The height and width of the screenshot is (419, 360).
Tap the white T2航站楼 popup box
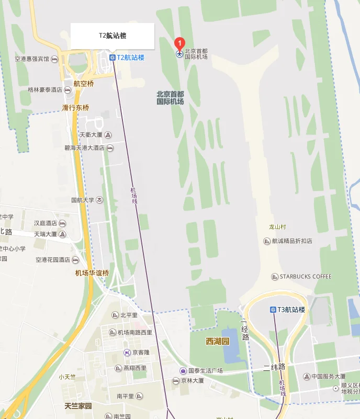(x=113, y=36)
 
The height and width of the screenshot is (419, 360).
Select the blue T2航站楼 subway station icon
(x=112, y=58)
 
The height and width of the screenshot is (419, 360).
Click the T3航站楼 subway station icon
(x=273, y=310)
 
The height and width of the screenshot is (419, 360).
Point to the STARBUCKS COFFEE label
(x=305, y=277)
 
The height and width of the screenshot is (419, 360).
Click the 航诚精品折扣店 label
(x=292, y=241)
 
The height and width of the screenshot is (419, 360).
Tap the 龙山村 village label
(x=278, y=227)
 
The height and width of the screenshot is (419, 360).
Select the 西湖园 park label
(x=217, y=342)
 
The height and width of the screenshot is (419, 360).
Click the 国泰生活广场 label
(x=205, y=371)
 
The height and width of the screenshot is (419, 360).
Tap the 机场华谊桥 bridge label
(x=92, y=273)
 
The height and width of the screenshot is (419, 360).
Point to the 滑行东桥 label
(x=76, y=108)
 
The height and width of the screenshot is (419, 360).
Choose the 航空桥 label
(x=84, y=84)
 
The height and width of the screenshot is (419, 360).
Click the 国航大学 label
(x=82, y=200)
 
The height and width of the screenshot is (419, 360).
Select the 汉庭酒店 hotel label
(x=46, y=223)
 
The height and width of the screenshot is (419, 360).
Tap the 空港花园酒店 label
(x=53, y=259)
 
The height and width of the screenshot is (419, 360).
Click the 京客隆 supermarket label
(x=140, y=353)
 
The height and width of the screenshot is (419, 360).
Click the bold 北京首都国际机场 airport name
(x=170, y=98)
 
